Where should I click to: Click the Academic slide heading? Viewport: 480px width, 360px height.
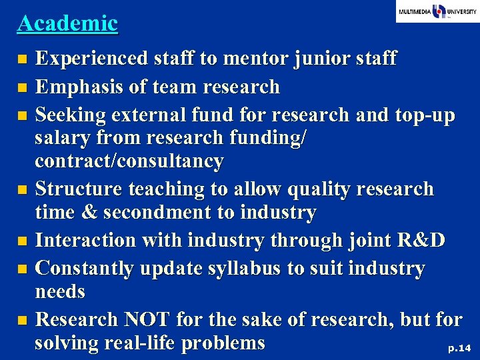(x=67, y=23)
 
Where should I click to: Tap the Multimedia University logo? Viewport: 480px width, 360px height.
(x=437, y=11)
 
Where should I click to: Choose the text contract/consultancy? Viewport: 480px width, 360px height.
(x=129, y=161)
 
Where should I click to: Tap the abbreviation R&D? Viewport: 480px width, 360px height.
(x=419, y=240)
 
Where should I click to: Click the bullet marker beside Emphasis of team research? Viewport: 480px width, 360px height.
(x=23, y=87)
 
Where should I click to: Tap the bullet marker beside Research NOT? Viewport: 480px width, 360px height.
(x=23, y=321)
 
